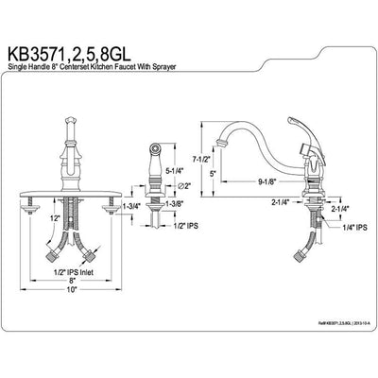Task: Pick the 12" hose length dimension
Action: coord(60,217)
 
